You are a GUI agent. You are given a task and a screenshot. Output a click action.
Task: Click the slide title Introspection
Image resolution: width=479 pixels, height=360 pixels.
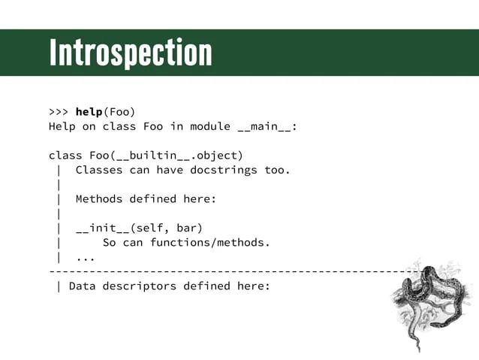131,53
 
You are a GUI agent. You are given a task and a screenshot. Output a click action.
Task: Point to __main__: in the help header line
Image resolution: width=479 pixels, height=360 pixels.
267,126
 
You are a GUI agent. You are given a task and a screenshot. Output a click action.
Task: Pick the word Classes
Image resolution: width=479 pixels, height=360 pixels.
99,170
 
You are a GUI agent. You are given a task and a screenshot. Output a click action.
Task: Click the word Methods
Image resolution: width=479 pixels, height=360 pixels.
99,199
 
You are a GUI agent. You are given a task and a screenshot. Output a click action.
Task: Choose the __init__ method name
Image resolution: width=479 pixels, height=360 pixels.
102,228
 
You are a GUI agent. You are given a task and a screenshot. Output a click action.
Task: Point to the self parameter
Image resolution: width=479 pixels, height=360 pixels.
149,228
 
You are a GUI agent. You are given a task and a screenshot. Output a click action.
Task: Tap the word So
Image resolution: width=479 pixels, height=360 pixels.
109,242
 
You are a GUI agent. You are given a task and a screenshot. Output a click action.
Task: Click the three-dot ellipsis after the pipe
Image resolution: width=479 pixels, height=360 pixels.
86,257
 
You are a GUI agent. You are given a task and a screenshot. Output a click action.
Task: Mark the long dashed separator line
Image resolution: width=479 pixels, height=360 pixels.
225,271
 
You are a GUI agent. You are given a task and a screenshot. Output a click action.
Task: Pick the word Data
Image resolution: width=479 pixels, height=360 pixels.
82,286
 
